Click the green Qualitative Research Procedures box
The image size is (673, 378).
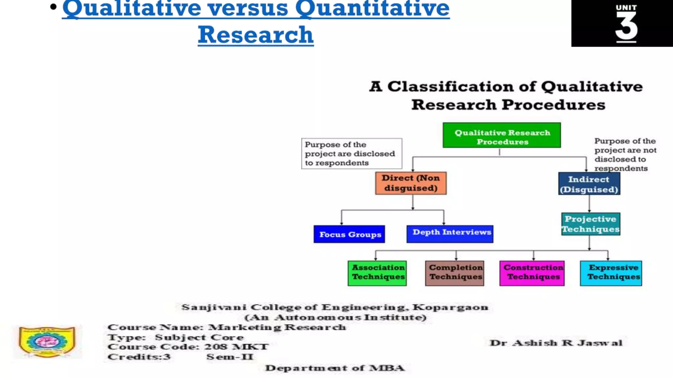point(501,135)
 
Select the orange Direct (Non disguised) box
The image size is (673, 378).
point(411,183)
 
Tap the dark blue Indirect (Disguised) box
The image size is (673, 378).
point(589,184)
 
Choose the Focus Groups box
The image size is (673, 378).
point(349,234)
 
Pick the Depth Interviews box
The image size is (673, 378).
point(450,234)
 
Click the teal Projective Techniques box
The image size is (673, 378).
point(591,224)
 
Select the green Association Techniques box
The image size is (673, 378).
point(377,273)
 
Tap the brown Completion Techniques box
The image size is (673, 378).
point(455,273)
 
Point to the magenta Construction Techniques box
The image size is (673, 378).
point(532,273)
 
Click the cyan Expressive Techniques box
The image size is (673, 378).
point(611,273)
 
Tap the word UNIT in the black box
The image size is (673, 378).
point(626,8)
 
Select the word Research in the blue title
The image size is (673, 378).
point(256,35)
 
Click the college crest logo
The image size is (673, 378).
point(47,342)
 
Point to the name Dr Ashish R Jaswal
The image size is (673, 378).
point(556,343)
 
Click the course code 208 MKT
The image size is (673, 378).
point(236,347)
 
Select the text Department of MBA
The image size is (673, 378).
point(335,368)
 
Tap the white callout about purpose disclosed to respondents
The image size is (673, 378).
point(351,154)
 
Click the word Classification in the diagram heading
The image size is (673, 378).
point(450,87)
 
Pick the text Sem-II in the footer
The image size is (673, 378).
point(230,357)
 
